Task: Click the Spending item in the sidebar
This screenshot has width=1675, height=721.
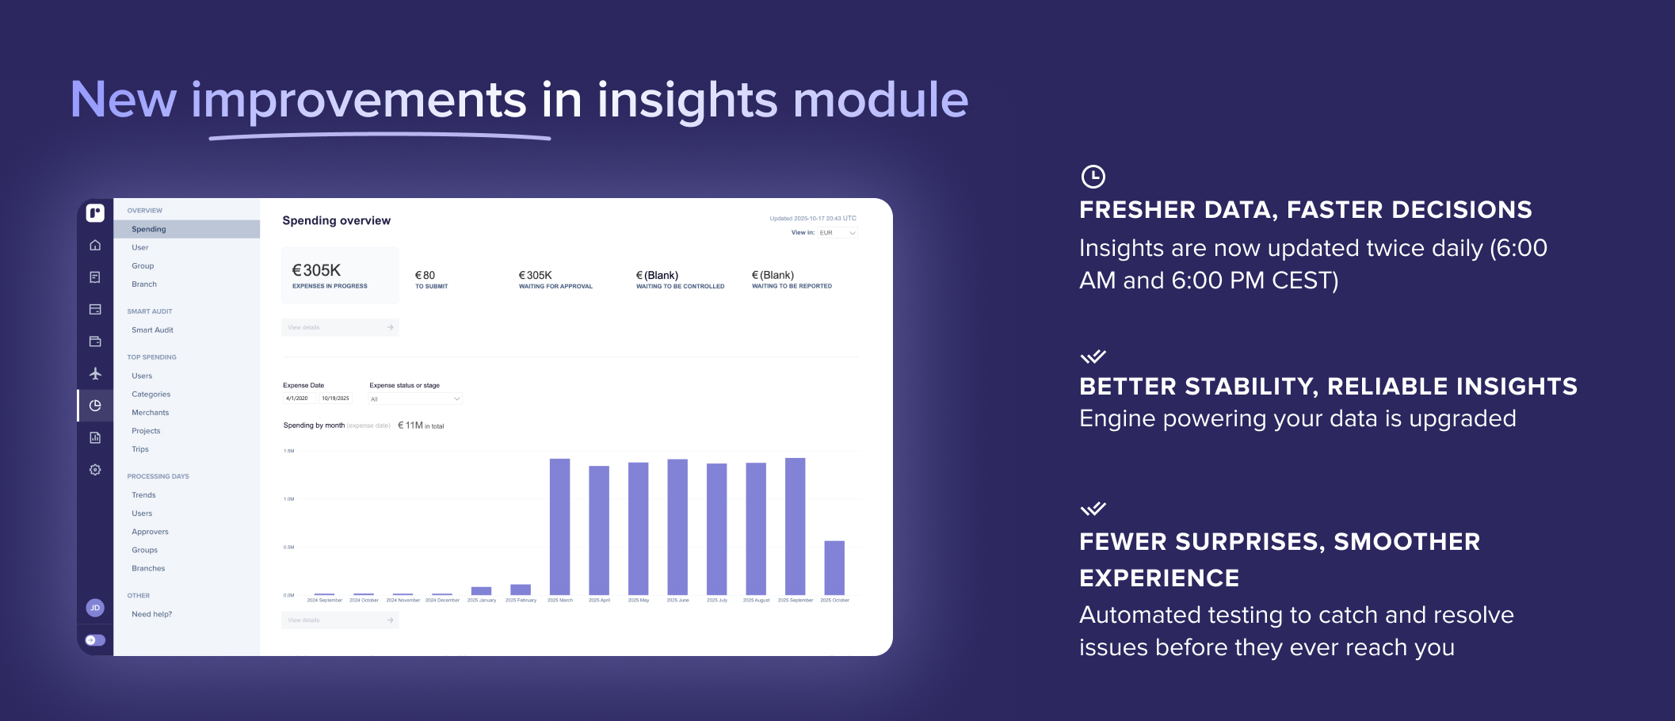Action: pos(149,229)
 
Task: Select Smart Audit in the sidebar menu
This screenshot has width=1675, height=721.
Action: pos(152,330)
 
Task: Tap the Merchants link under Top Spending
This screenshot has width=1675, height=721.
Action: pos(150,412)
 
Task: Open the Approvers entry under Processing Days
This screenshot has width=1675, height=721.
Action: pos(150,532)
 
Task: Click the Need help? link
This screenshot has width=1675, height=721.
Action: pos(151,614)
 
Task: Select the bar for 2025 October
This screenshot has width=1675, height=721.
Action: pos(834,567)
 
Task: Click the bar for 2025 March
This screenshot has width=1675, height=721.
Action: pos(559,526)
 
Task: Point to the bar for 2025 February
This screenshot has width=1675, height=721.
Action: pos(521,589)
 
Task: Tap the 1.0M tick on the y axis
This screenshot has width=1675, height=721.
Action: pos(289,499)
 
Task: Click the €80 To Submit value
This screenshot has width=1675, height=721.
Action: pos(425,276)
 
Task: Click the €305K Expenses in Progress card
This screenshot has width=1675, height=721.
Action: pos(340,275)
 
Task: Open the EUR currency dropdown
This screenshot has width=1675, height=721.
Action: pos(837,233)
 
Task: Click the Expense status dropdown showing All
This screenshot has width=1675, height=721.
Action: pos(414,399)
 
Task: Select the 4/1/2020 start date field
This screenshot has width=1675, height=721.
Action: pos(298,399)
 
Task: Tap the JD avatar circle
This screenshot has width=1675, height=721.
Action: pos(95,608)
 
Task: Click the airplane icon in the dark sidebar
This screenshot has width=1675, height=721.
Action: pos(95,373)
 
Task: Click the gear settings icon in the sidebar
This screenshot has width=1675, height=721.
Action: pos(95,470)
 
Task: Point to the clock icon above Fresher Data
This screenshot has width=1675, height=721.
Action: pos(1093,177)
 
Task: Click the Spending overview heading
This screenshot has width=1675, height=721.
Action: pos(336,220)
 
